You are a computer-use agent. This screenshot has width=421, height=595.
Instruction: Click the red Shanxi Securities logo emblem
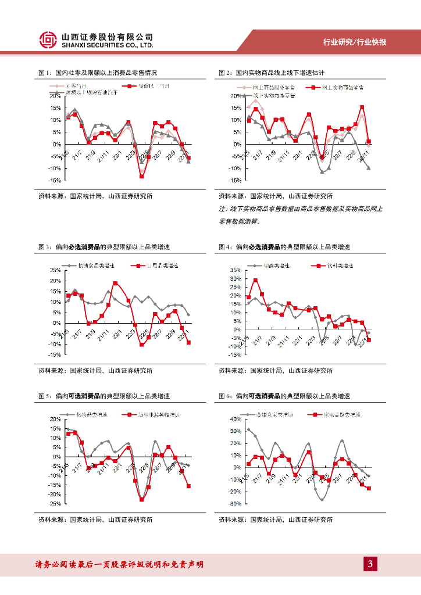coord(48,40)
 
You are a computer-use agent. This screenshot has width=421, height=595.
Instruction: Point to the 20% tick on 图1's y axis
coord(56,96)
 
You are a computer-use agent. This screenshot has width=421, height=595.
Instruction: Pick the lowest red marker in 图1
coord(141,175)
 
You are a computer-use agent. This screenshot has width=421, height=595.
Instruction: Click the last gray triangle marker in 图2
coord(369,168)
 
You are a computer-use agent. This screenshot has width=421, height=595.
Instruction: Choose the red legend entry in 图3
coord(154,266)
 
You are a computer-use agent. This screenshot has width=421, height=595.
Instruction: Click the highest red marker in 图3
coord(115,284)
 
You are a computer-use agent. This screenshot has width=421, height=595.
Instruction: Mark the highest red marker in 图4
coord(255,281)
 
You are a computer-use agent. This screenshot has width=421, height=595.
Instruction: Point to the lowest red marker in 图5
coord(141,499)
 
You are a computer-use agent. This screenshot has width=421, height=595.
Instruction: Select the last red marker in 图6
coord(369,488)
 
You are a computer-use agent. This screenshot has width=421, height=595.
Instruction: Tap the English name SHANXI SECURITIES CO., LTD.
coord(107,45)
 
